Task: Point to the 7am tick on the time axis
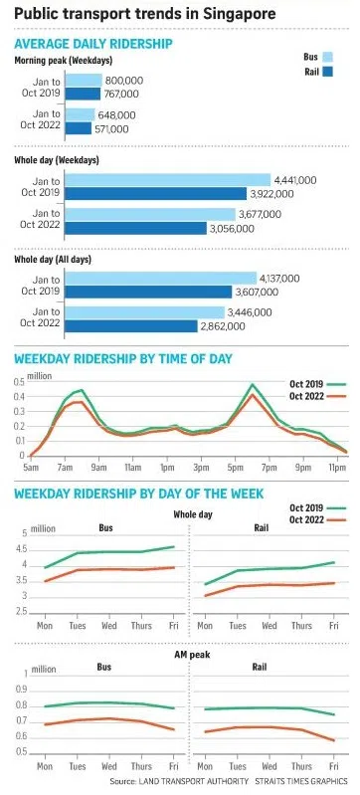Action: tap(65, 465)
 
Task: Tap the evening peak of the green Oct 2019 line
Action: tap(254, 384)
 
